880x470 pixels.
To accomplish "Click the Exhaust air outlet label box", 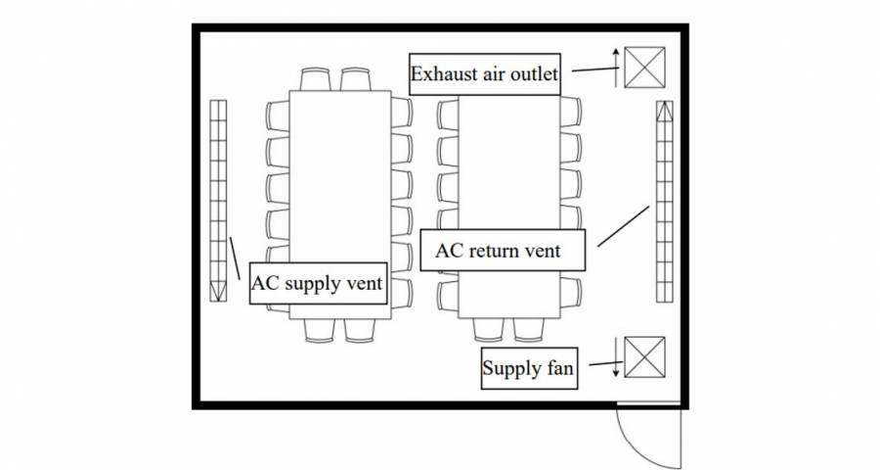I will (484, 74).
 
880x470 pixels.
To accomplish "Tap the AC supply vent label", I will (318, 284).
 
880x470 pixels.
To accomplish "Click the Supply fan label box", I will (528, 369).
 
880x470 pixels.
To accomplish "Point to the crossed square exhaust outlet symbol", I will (644, 67).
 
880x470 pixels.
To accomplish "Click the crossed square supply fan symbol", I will (644, 356).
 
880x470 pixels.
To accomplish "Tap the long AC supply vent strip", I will (216, 196).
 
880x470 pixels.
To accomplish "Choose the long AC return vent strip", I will (664, 201).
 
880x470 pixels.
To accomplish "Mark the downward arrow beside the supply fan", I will (615, 358).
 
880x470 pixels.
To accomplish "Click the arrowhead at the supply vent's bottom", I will (216, 292).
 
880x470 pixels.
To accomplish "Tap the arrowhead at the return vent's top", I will (664, 110).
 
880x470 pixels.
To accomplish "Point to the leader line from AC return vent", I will (623, 225).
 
